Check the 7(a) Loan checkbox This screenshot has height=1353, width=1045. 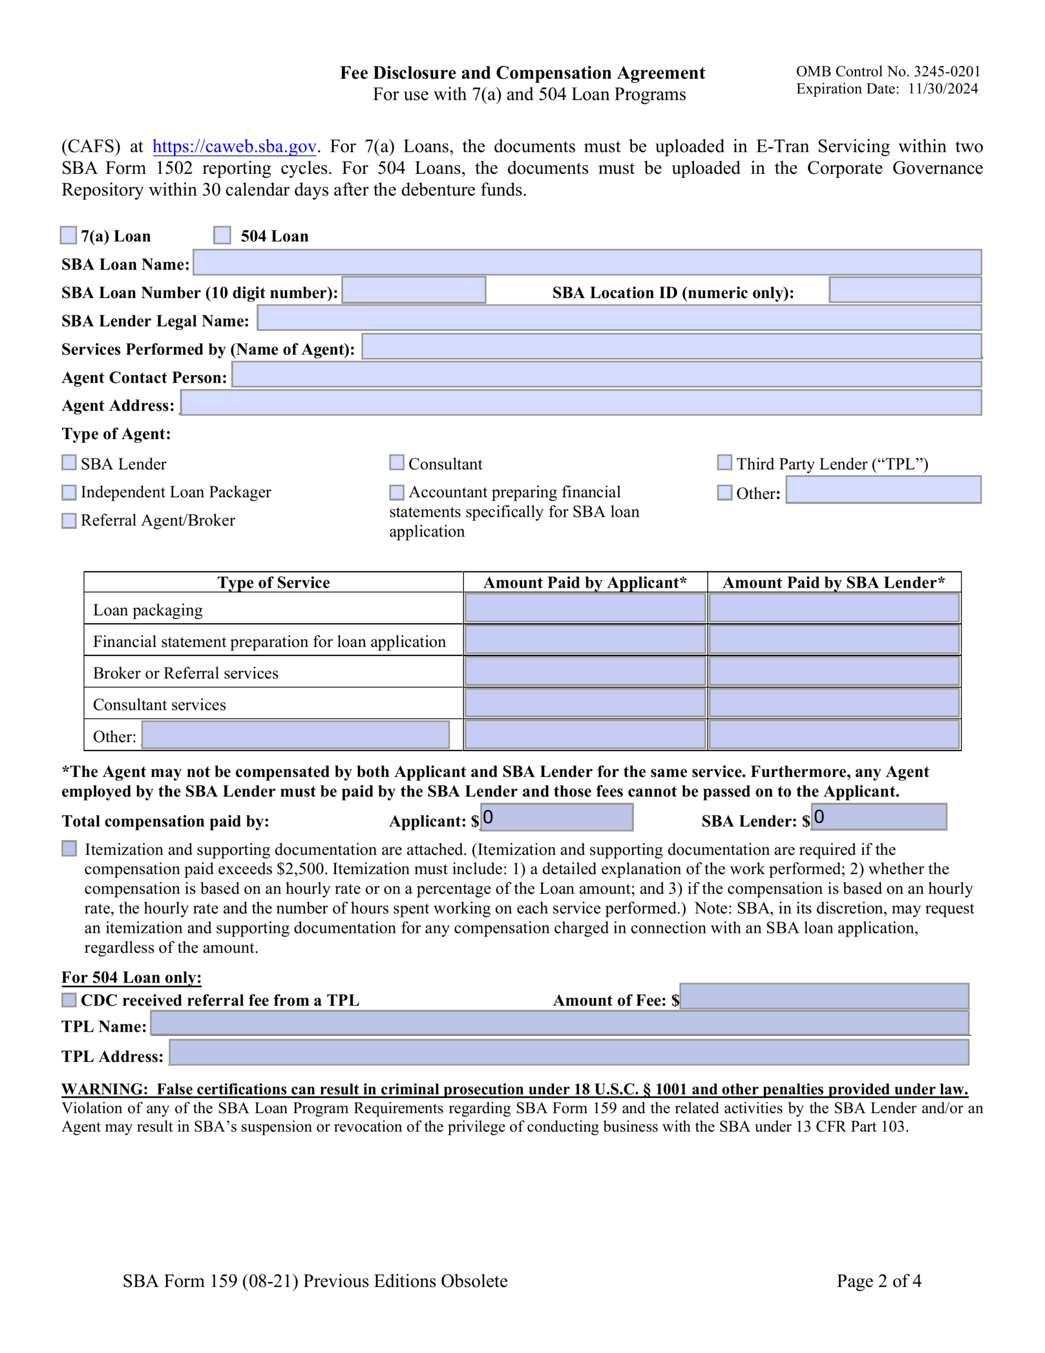[x=68, y=235]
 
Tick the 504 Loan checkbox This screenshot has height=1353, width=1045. [x=222, y=235]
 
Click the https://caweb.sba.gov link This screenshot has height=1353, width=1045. [x=234, y=146]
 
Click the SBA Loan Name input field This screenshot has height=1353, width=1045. [x=586, y=262]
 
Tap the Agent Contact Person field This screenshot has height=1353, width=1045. [x=606, y=375]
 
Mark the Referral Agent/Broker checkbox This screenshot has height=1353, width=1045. [x=69, y=521]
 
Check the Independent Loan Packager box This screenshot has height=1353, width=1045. [x=69, y=493]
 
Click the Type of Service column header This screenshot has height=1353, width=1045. [x=273, y=582]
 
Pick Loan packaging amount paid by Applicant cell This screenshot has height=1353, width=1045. [x=585, y=608]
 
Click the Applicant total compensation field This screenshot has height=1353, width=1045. [x=557, y=818]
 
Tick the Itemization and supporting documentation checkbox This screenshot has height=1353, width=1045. [x=69, y=848]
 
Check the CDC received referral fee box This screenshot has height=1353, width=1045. [x=69, y=1000]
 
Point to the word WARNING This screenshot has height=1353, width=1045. [x=104, y=1089]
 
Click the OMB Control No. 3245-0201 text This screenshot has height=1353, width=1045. [x=888, y=71]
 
